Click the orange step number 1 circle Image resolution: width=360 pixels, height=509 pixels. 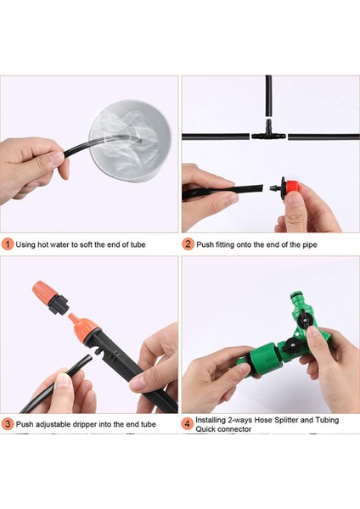coord(8,244)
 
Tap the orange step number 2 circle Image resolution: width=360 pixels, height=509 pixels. coord(188,244)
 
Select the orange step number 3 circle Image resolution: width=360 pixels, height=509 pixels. coord(8,424)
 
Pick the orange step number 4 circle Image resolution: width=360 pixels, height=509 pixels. coord(187,424)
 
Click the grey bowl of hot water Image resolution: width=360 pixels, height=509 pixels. coord(130,141)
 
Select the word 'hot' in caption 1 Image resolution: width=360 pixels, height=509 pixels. coord(43,244)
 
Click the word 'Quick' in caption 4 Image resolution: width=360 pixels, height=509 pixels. coord(205,429)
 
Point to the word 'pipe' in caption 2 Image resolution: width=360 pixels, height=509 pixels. coord(310,245)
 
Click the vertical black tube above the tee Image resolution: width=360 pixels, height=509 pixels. coord(268,96)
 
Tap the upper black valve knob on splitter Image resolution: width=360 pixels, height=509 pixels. coord(305,319)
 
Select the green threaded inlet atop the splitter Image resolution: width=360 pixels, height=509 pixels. coord(298,300)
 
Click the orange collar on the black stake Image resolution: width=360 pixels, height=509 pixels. coord(85,329)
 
